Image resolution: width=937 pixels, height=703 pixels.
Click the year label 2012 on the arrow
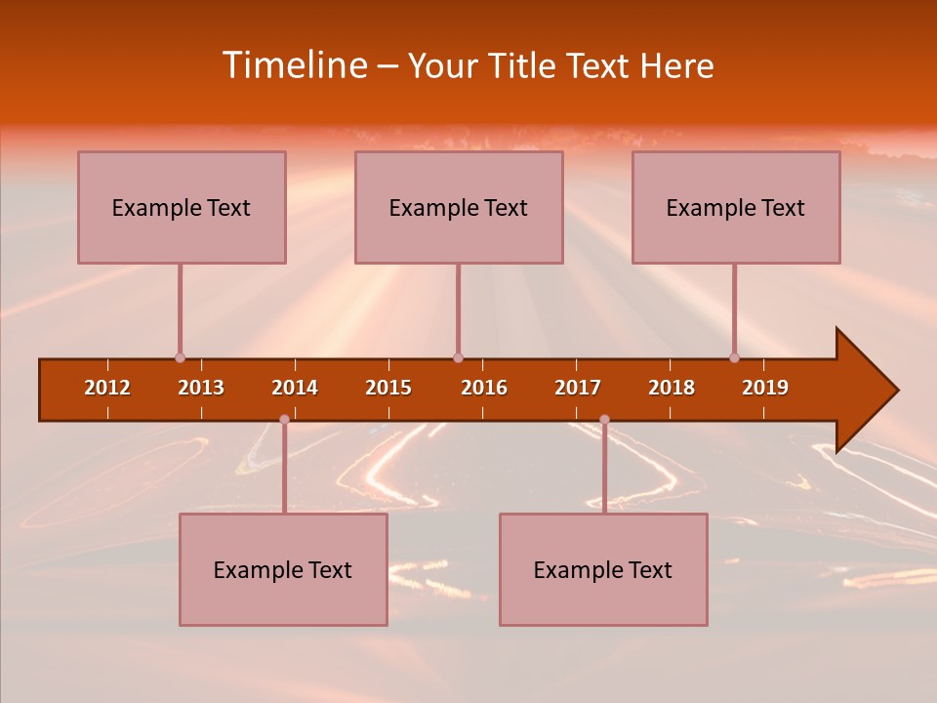click(x=107, y=388)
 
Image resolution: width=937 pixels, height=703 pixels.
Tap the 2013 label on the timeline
click(x=201, y=388)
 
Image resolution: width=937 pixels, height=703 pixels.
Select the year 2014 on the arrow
click(x=295, y=388)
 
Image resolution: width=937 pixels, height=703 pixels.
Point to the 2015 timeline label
click(x=388, y=388)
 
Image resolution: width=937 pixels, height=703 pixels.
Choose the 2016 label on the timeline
click(x=484, y=388)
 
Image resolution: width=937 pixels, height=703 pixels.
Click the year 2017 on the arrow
click(x=578, y=388)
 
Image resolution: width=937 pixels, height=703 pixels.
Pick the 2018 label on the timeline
click(x=672, y=388)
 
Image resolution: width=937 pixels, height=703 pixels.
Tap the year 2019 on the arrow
click(x=765, y=388)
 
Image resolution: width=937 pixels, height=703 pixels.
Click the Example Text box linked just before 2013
click(x=182, y=207)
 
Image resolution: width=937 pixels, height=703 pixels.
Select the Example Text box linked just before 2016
click(x=459, y=207)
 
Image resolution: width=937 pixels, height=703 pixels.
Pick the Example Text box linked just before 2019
click(x=736, y=207)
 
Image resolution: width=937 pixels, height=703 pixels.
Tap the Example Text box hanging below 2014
click(x=283, y=569)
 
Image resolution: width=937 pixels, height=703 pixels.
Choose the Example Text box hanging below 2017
click(x=603, y=569)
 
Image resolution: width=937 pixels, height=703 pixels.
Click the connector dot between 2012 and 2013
click(x=180, y=357)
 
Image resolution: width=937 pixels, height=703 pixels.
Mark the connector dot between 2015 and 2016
click(x=458, y=357)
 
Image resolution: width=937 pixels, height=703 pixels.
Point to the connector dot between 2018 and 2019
click(x=734, y=357)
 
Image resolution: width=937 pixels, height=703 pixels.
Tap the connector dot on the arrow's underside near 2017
click(x=604, y=420)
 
